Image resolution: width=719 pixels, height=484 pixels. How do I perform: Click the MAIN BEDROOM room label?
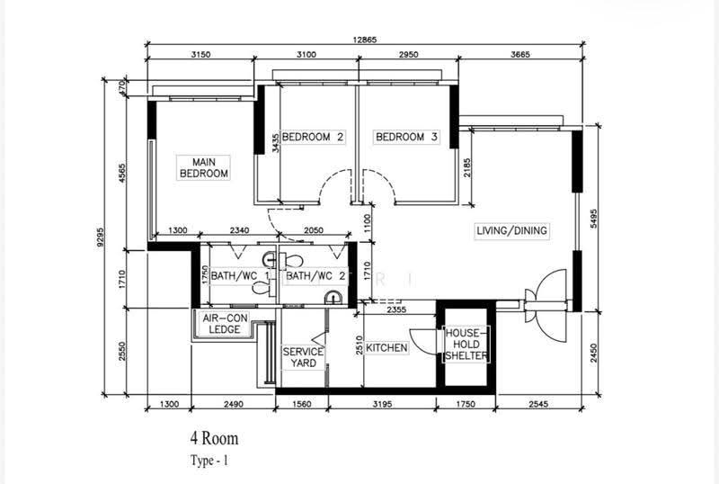[204, 167]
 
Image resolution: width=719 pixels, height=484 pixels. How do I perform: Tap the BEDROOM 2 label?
[313, 137]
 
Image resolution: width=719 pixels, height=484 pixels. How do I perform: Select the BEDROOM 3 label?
[406, 137]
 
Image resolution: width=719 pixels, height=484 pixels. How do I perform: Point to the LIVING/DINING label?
[511, 230]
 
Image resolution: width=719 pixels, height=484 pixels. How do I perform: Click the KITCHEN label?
[386, 348]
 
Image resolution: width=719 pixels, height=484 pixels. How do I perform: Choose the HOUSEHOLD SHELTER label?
[466, 345]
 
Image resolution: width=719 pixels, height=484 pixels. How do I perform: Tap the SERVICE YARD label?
[303, 357]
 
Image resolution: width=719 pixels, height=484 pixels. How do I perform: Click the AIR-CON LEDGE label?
[225, 324]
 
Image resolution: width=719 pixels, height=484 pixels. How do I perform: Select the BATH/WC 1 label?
[240, 276]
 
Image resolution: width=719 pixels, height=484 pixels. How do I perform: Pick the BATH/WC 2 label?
[315, 276]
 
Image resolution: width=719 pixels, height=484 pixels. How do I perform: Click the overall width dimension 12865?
[365, 40]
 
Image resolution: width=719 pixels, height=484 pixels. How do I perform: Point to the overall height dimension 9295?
[101, 237]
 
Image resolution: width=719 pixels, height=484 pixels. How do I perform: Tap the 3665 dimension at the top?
[520, 55]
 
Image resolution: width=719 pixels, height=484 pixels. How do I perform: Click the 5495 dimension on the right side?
[594, 219]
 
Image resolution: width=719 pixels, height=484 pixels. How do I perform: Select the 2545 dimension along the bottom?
[538, 405]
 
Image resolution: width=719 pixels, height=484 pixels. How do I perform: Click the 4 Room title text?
[215, 438]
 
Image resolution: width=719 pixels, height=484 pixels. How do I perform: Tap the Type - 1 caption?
[209, 461]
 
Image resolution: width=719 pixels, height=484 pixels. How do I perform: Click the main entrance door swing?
[547, 305]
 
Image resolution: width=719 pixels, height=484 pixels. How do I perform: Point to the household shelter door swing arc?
[422, 342]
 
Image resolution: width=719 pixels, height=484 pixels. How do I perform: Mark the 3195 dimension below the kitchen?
[382, 405]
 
